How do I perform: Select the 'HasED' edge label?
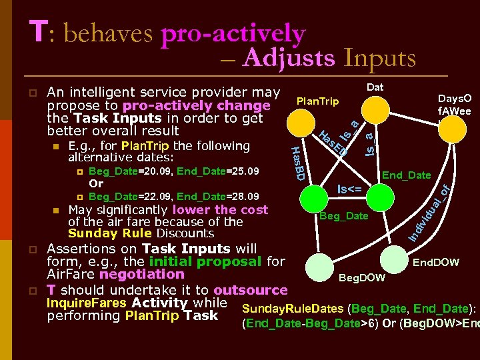(x=333, y=141)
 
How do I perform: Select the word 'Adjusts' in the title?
(x=289, y=59)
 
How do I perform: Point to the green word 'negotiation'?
(x=141, y=274)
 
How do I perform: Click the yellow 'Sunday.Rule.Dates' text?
(x=293, y=309)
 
